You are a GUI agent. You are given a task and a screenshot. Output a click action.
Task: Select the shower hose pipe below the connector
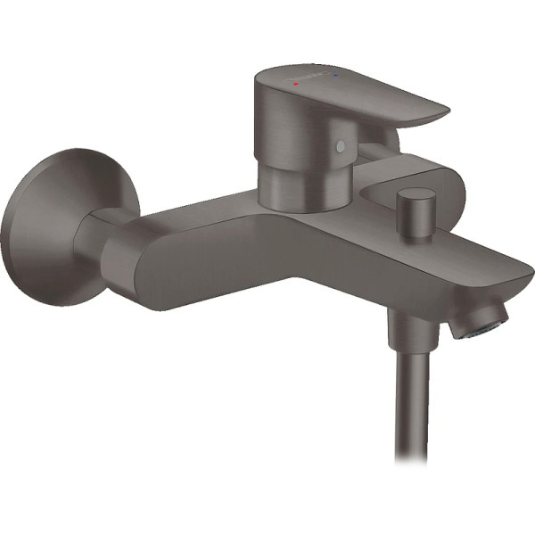pyautogui.click(x=407, y=401)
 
